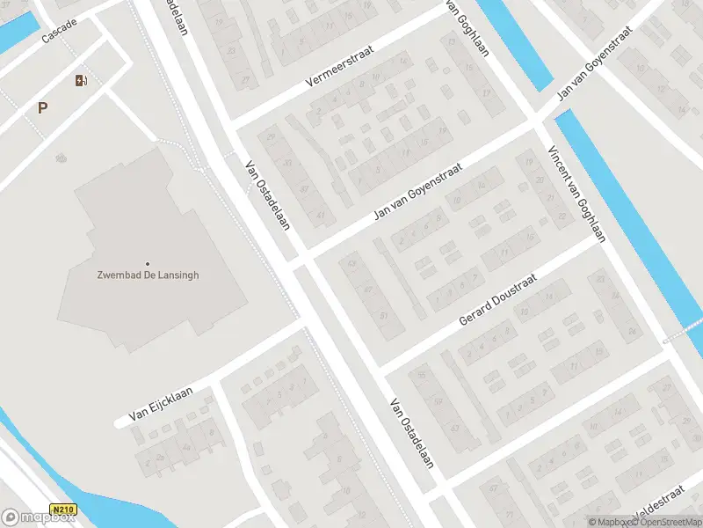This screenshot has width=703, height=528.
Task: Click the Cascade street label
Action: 59,32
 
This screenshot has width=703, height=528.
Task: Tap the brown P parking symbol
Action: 41,108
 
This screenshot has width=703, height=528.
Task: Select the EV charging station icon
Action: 81,81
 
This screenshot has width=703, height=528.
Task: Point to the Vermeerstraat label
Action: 339,66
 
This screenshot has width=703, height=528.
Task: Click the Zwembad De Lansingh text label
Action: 148,275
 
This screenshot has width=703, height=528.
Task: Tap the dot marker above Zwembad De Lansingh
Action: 148,263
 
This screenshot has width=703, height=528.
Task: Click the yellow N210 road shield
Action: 62,510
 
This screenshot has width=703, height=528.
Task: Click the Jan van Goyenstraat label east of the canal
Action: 594,62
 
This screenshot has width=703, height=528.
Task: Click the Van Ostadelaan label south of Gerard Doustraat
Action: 412,434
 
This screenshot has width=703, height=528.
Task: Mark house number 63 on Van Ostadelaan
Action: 352,262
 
